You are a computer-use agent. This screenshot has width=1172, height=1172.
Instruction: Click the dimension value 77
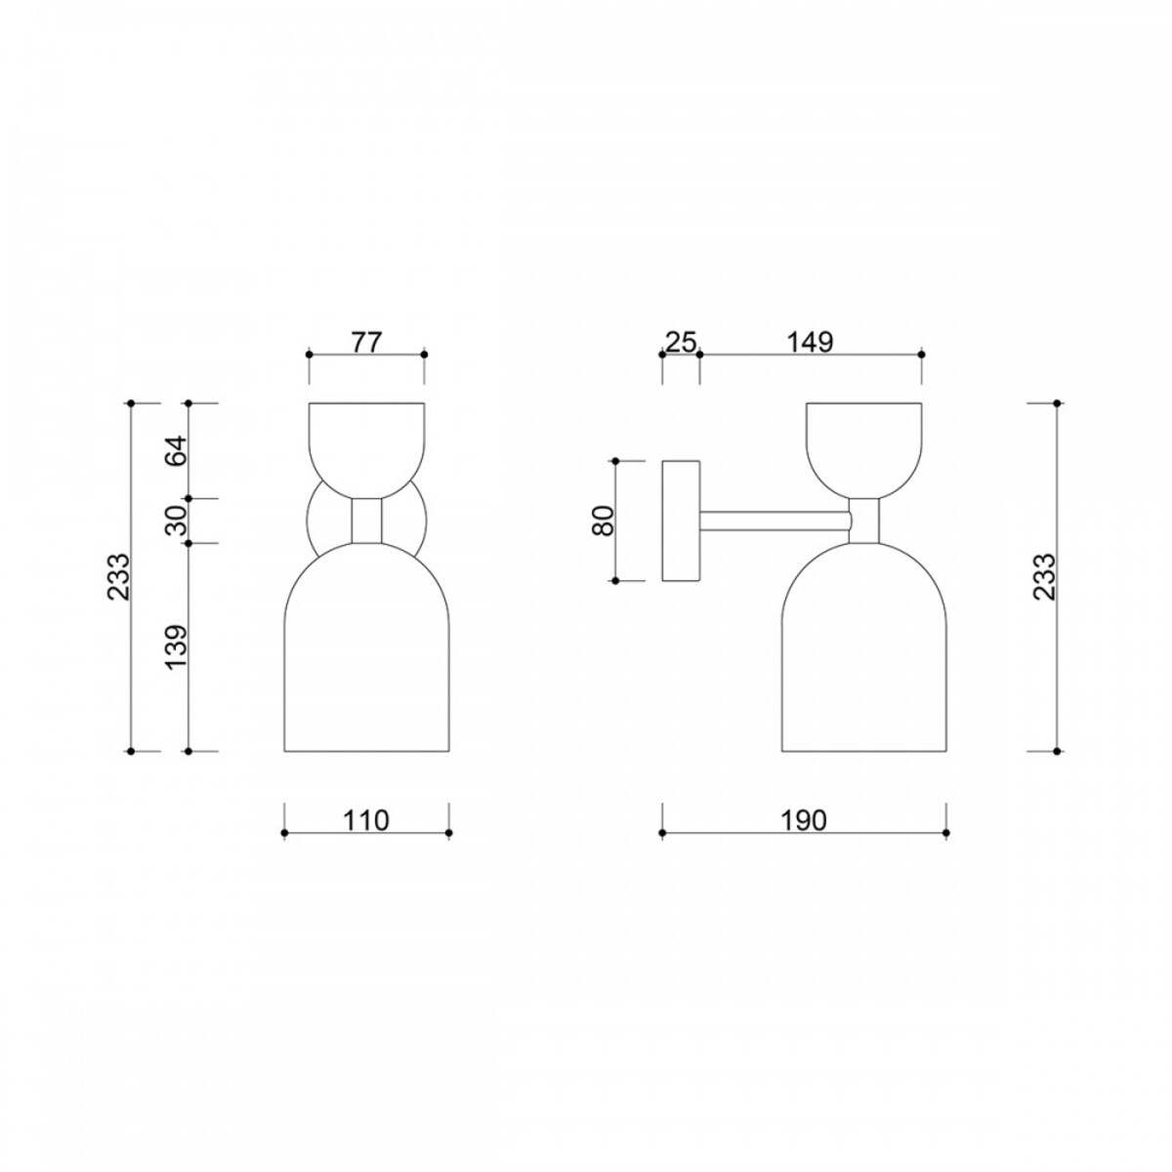366,343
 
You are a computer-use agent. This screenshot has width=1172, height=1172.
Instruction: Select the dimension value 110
366,820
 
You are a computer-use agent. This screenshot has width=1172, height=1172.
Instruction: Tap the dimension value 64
177,450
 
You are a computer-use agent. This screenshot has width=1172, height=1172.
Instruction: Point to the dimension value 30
177,520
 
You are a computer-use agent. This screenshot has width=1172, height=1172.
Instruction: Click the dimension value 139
177,648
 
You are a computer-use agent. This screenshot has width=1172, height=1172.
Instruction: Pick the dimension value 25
680,343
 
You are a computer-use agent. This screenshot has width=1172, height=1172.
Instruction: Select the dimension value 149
810,343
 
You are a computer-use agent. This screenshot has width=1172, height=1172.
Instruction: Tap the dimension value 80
604,520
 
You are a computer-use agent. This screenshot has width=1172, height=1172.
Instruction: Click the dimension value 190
805,820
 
